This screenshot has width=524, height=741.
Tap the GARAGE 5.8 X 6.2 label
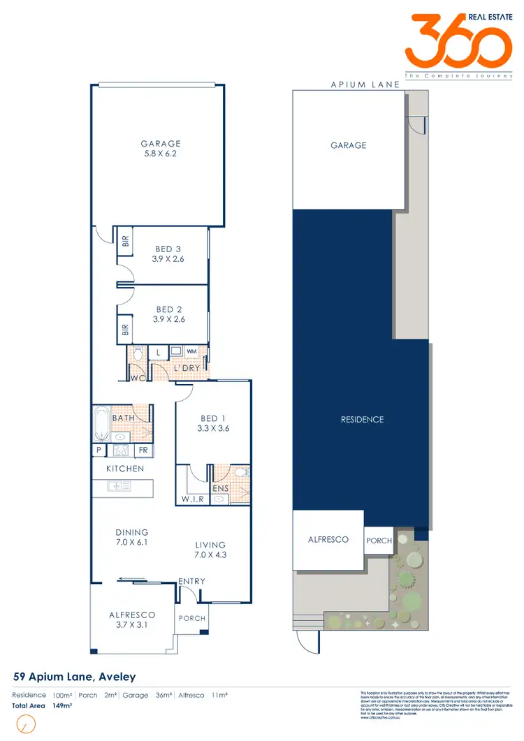coord(160,149)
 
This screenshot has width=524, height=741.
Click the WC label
coord(137,378)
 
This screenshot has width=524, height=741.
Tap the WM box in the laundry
coord(191,352)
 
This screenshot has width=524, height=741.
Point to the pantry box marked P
coord(98,450)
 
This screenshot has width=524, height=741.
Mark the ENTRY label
coord(191,581)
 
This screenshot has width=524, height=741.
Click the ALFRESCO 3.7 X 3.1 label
coord(132,620)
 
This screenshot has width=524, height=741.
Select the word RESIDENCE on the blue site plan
coord(362,420)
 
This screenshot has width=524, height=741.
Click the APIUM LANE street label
coord(365,85)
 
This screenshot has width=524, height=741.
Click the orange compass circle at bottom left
coord(26,726)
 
